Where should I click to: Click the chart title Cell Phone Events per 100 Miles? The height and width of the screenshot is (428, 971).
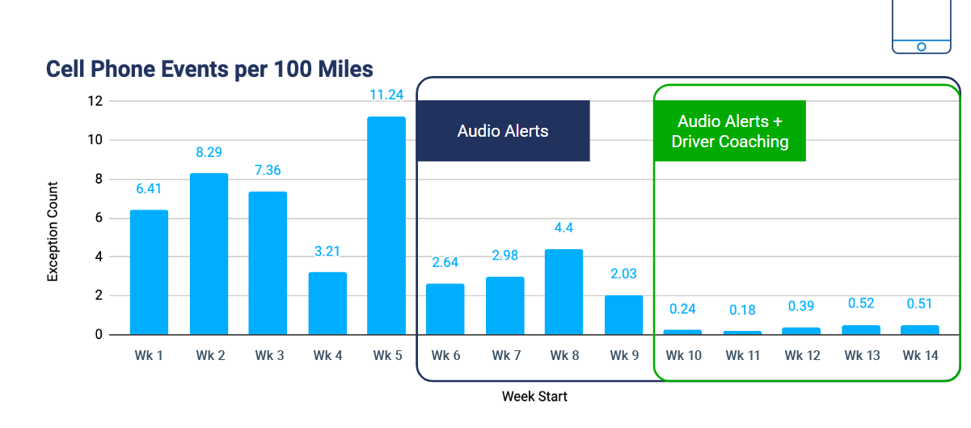tap(209, 69)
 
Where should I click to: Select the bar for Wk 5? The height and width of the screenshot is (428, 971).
tap(386, 226)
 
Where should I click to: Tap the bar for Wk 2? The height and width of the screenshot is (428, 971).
tap(209, 254)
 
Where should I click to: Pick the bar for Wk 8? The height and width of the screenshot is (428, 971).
tap(564, 292)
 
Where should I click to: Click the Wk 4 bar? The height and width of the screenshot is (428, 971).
tap(327, 303)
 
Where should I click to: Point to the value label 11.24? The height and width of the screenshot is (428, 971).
tap(386, 95)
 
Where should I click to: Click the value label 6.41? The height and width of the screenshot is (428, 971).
tap(149, 189)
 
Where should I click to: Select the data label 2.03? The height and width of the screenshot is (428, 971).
tap(623, 273)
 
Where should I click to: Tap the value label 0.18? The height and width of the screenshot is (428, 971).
tap(742, 309)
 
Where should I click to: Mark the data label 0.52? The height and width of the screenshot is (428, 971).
tap(861, 303)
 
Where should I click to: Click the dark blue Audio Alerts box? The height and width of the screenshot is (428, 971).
tap(503, 131)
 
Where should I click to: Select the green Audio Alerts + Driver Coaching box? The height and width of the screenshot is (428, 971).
tap(730, 131)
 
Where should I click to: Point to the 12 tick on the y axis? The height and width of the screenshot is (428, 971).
tap(95, 101)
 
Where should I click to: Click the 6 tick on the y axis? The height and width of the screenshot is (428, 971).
tap(99, 218)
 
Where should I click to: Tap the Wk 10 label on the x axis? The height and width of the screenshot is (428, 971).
tap(683, 355)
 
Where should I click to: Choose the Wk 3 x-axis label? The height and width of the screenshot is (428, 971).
tap(268, 355)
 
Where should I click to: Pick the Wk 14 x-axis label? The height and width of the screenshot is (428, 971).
tap(920, 355)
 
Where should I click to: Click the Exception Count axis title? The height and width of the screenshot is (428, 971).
tap(53, 231)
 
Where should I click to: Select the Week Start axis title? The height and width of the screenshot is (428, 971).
tap(534, 396)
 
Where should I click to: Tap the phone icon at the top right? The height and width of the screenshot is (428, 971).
tap(921, 26)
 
